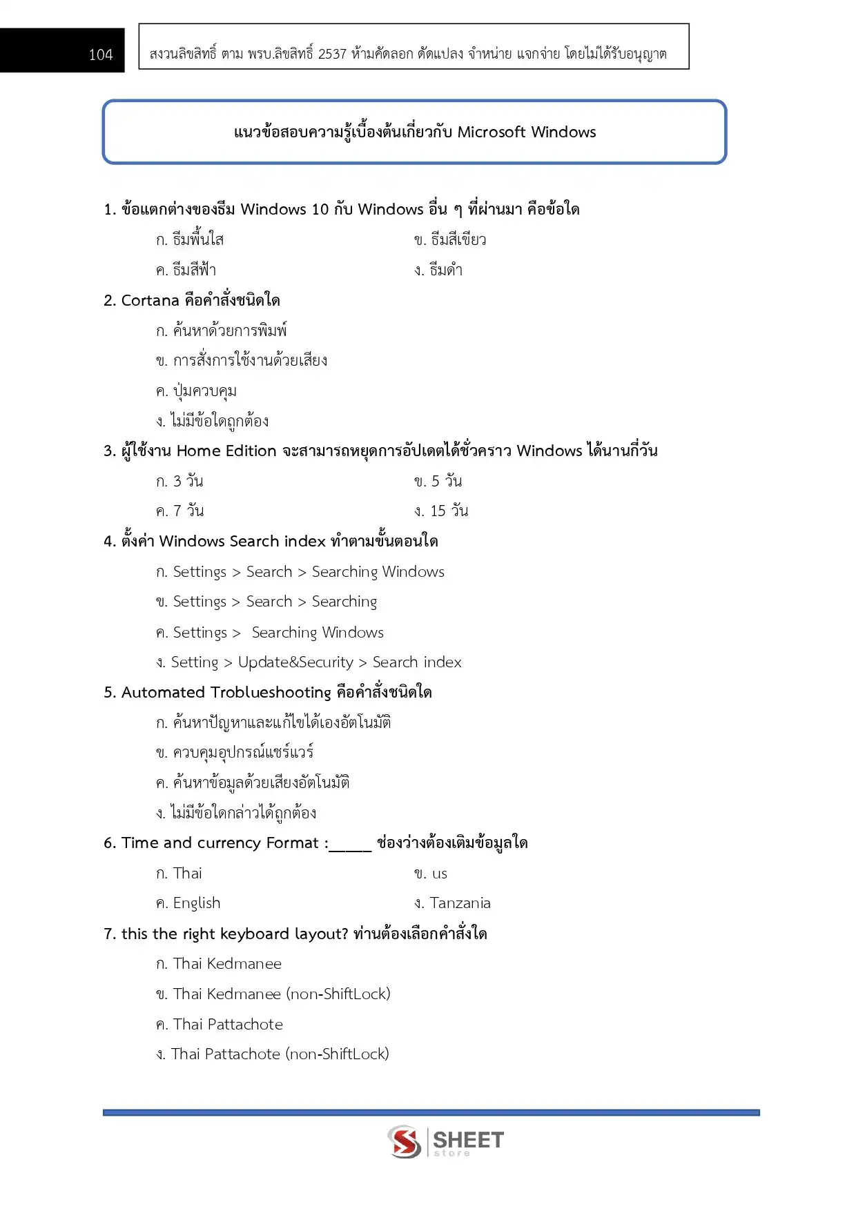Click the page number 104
(101, 55)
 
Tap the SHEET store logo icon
(405, 1142)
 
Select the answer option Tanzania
(460, 903)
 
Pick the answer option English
(197, 903)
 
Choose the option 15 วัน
(449, 511)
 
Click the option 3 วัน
(188, 481)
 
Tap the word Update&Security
(295, 662)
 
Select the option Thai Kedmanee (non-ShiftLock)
(282, 994)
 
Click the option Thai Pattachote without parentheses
(228, 1025)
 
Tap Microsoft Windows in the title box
(527, 132)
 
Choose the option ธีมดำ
(445, 270)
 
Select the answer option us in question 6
(440, 874)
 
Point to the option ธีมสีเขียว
(458, 240)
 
